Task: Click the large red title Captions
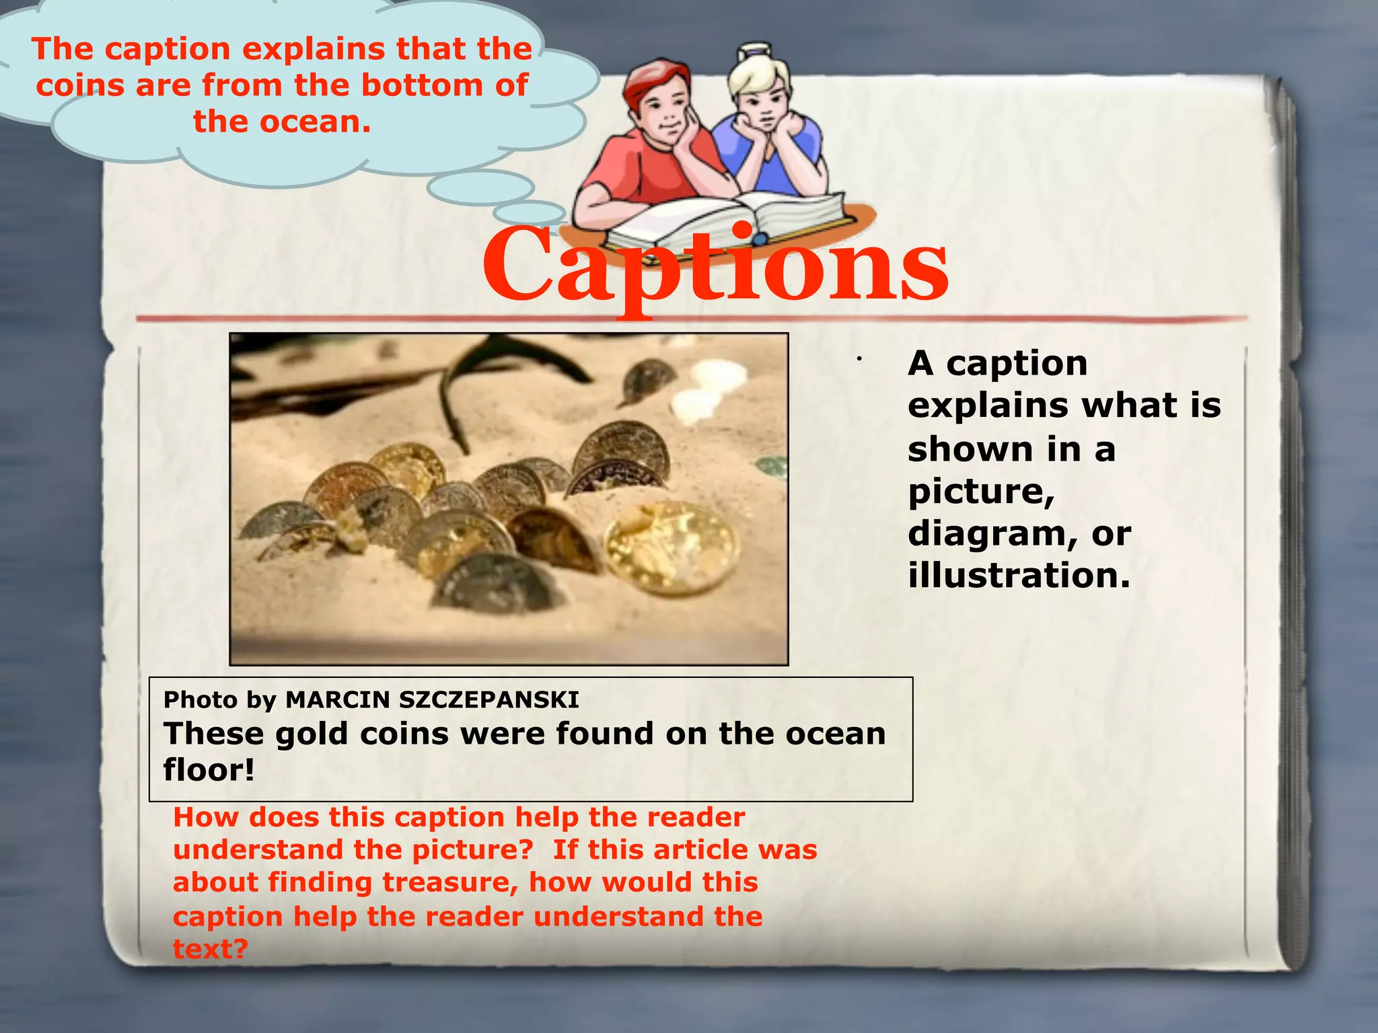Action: point(715,266)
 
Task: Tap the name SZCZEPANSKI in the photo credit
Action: point(488,700)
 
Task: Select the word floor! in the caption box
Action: point(209,769)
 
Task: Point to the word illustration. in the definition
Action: point(1019,576)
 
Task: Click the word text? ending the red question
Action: point(211,949)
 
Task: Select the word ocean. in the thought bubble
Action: point(315,122)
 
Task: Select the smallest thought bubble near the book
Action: point(529,213)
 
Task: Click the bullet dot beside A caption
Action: point(859,360)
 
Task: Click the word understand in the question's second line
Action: point(258,850)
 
